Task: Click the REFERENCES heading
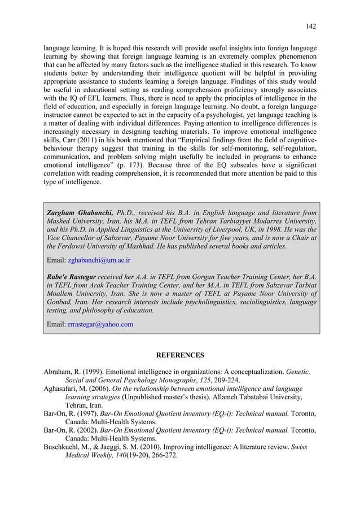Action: (179, 355)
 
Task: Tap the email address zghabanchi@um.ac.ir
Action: (99, 260)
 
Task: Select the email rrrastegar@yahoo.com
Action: (100, 324)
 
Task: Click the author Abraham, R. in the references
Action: (64, 372)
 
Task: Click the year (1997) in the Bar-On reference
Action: (96, 413)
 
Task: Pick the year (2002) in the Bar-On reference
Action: (96, 430)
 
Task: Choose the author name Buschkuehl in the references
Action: (65, 447)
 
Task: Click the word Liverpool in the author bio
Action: (236, 229)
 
